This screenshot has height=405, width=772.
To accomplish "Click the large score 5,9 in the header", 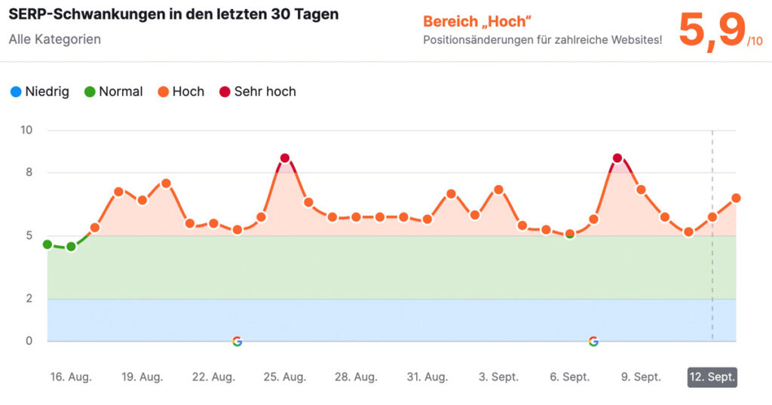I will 712,31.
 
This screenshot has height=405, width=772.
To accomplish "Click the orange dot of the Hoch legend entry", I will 162,92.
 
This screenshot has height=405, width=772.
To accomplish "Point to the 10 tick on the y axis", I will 26,130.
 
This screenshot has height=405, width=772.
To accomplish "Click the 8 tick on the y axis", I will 29,173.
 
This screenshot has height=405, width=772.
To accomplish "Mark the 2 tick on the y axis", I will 29,299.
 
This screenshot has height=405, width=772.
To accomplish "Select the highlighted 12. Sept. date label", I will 712,377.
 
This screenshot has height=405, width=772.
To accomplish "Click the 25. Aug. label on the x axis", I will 284,377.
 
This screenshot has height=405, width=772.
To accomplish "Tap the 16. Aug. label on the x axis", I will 71,377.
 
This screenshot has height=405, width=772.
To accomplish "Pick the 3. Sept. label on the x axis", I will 499,377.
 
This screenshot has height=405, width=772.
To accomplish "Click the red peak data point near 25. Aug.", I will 284,158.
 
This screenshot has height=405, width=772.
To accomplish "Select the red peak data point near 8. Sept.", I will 617,158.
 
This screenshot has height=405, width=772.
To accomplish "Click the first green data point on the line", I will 47,244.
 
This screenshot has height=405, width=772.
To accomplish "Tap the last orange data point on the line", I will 736,198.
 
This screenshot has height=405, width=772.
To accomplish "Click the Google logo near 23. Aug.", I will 237,341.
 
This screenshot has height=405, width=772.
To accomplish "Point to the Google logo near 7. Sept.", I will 593,341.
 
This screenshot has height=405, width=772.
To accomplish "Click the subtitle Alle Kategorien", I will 54,38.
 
